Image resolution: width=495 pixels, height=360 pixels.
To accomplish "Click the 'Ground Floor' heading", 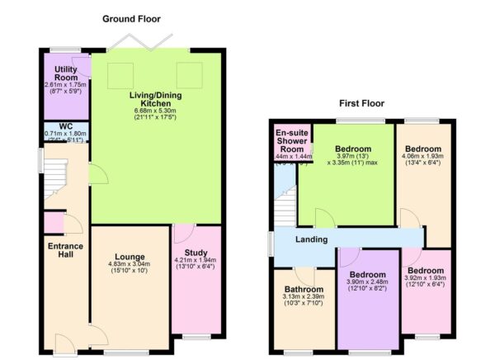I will (x=131, y=18).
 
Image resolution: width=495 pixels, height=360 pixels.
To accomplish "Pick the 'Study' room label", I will (x=196, y=257).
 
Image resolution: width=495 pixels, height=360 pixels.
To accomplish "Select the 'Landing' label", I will (x=313, y=239).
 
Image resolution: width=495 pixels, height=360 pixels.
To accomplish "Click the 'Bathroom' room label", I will (x=303, y=290).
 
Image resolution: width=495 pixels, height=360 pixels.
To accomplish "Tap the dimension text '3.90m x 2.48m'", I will (x=366, y=282).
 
